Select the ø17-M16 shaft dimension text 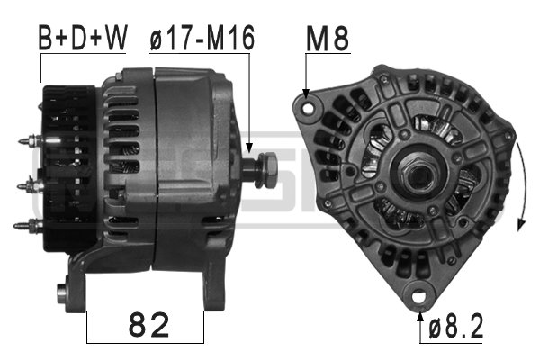[x=202, y=38]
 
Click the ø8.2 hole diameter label [x=457, y=326]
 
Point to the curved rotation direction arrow [x=518, y=180]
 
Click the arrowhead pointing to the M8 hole [x=308, y=93]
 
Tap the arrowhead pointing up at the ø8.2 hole [x=419, y=311]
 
